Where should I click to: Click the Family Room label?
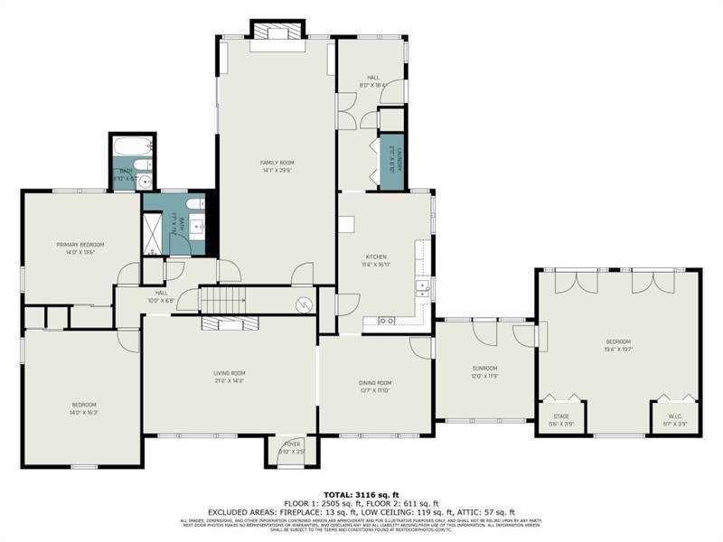(x=277, y=163)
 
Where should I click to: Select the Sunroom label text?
(x=484, y=368)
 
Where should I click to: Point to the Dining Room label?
(x=375, y=383)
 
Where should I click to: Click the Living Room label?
(x=229, y=373)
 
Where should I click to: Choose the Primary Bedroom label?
(x=80, y=245)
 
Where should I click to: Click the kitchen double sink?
(x=422, y=288)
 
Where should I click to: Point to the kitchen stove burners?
(x=386, y=320)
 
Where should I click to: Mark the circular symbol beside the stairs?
(x=305, y=304)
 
